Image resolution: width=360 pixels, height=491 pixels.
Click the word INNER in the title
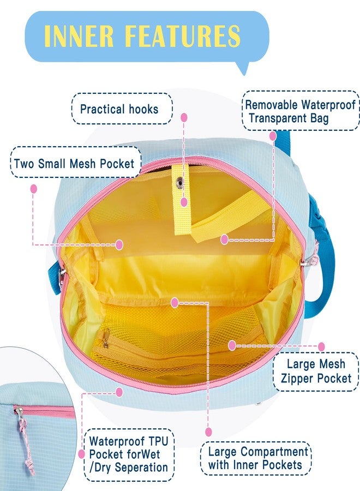point(79,35)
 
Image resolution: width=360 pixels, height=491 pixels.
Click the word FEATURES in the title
point(183,35)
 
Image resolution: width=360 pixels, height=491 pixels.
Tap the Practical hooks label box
point(122,109)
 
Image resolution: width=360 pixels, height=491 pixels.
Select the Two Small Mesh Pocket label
point(75,163)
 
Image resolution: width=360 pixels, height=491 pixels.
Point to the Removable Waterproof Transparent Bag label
point(301,111)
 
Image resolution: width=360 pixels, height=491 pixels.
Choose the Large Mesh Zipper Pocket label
point(316,371)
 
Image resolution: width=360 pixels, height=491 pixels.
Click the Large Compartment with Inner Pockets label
point(255,458)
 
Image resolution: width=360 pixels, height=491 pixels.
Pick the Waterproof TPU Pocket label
point(129,454)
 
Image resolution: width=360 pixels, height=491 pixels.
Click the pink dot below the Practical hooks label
point(184,117)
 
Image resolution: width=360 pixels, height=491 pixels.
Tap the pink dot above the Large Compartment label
point(209,432)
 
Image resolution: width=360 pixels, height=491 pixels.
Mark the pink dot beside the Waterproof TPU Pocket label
point(82,454)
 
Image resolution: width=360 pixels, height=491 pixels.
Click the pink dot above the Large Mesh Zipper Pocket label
point(321,346)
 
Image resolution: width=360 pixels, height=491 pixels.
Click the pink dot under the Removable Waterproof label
point(273,136)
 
